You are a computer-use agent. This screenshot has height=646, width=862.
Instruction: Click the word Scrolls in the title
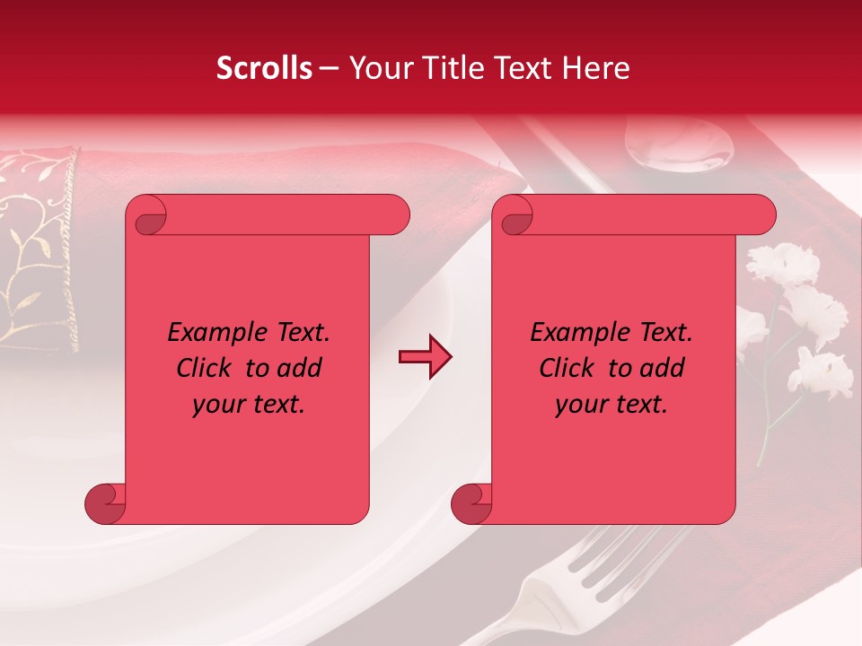[265, 68]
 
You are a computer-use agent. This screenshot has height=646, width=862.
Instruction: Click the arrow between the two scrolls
[425, 357]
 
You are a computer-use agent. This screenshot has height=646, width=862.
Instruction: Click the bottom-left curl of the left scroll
[105, 503]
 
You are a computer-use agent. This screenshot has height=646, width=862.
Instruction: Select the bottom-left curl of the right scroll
[471, 503]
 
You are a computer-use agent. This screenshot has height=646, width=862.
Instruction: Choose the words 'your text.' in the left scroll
[249, 404]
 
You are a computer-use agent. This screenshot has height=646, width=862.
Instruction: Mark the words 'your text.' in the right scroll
[611, 404]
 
